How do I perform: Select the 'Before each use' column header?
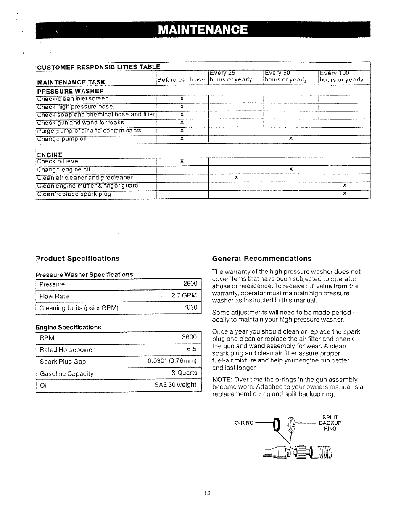181,80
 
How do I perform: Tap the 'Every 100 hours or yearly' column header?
341,76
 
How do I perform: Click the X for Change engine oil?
291,169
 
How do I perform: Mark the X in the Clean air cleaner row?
236,177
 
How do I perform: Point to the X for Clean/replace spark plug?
345,194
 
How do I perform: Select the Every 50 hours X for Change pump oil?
291,138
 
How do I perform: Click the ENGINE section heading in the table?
50,155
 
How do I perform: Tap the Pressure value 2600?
190,284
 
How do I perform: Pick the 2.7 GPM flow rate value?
184,296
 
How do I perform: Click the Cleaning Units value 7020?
190,307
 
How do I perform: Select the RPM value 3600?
189,337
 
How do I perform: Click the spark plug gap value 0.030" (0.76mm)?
172,361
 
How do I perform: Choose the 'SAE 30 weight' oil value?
175,385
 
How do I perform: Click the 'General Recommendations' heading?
262,259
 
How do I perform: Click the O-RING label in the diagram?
244,423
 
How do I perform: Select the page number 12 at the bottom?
207,494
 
